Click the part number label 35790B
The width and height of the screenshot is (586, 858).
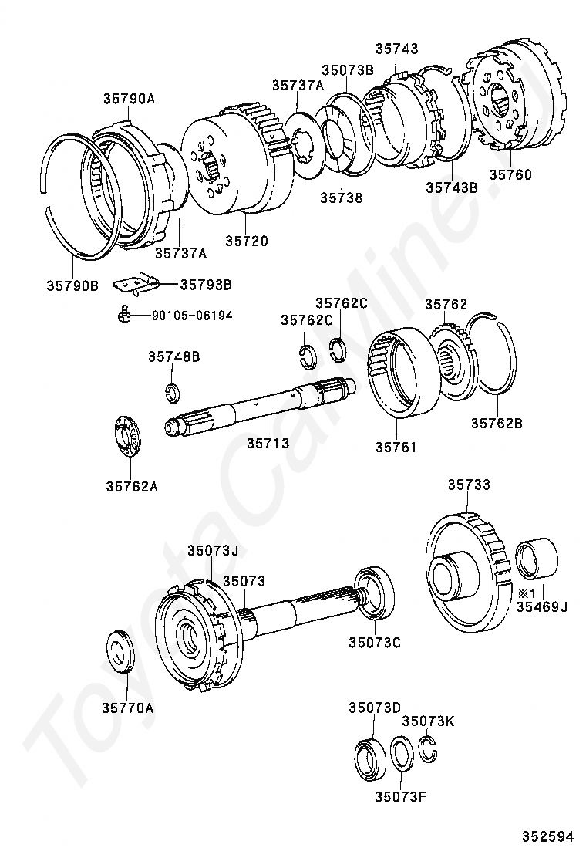72,285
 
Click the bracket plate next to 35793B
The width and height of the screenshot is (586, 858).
135,284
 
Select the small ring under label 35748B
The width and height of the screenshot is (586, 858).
173,392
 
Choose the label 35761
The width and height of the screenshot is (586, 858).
396,447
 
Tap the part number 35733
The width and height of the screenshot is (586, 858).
469,485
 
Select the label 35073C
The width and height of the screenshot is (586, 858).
374,641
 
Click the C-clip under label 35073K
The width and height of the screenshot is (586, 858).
430,748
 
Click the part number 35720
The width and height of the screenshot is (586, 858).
247,241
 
